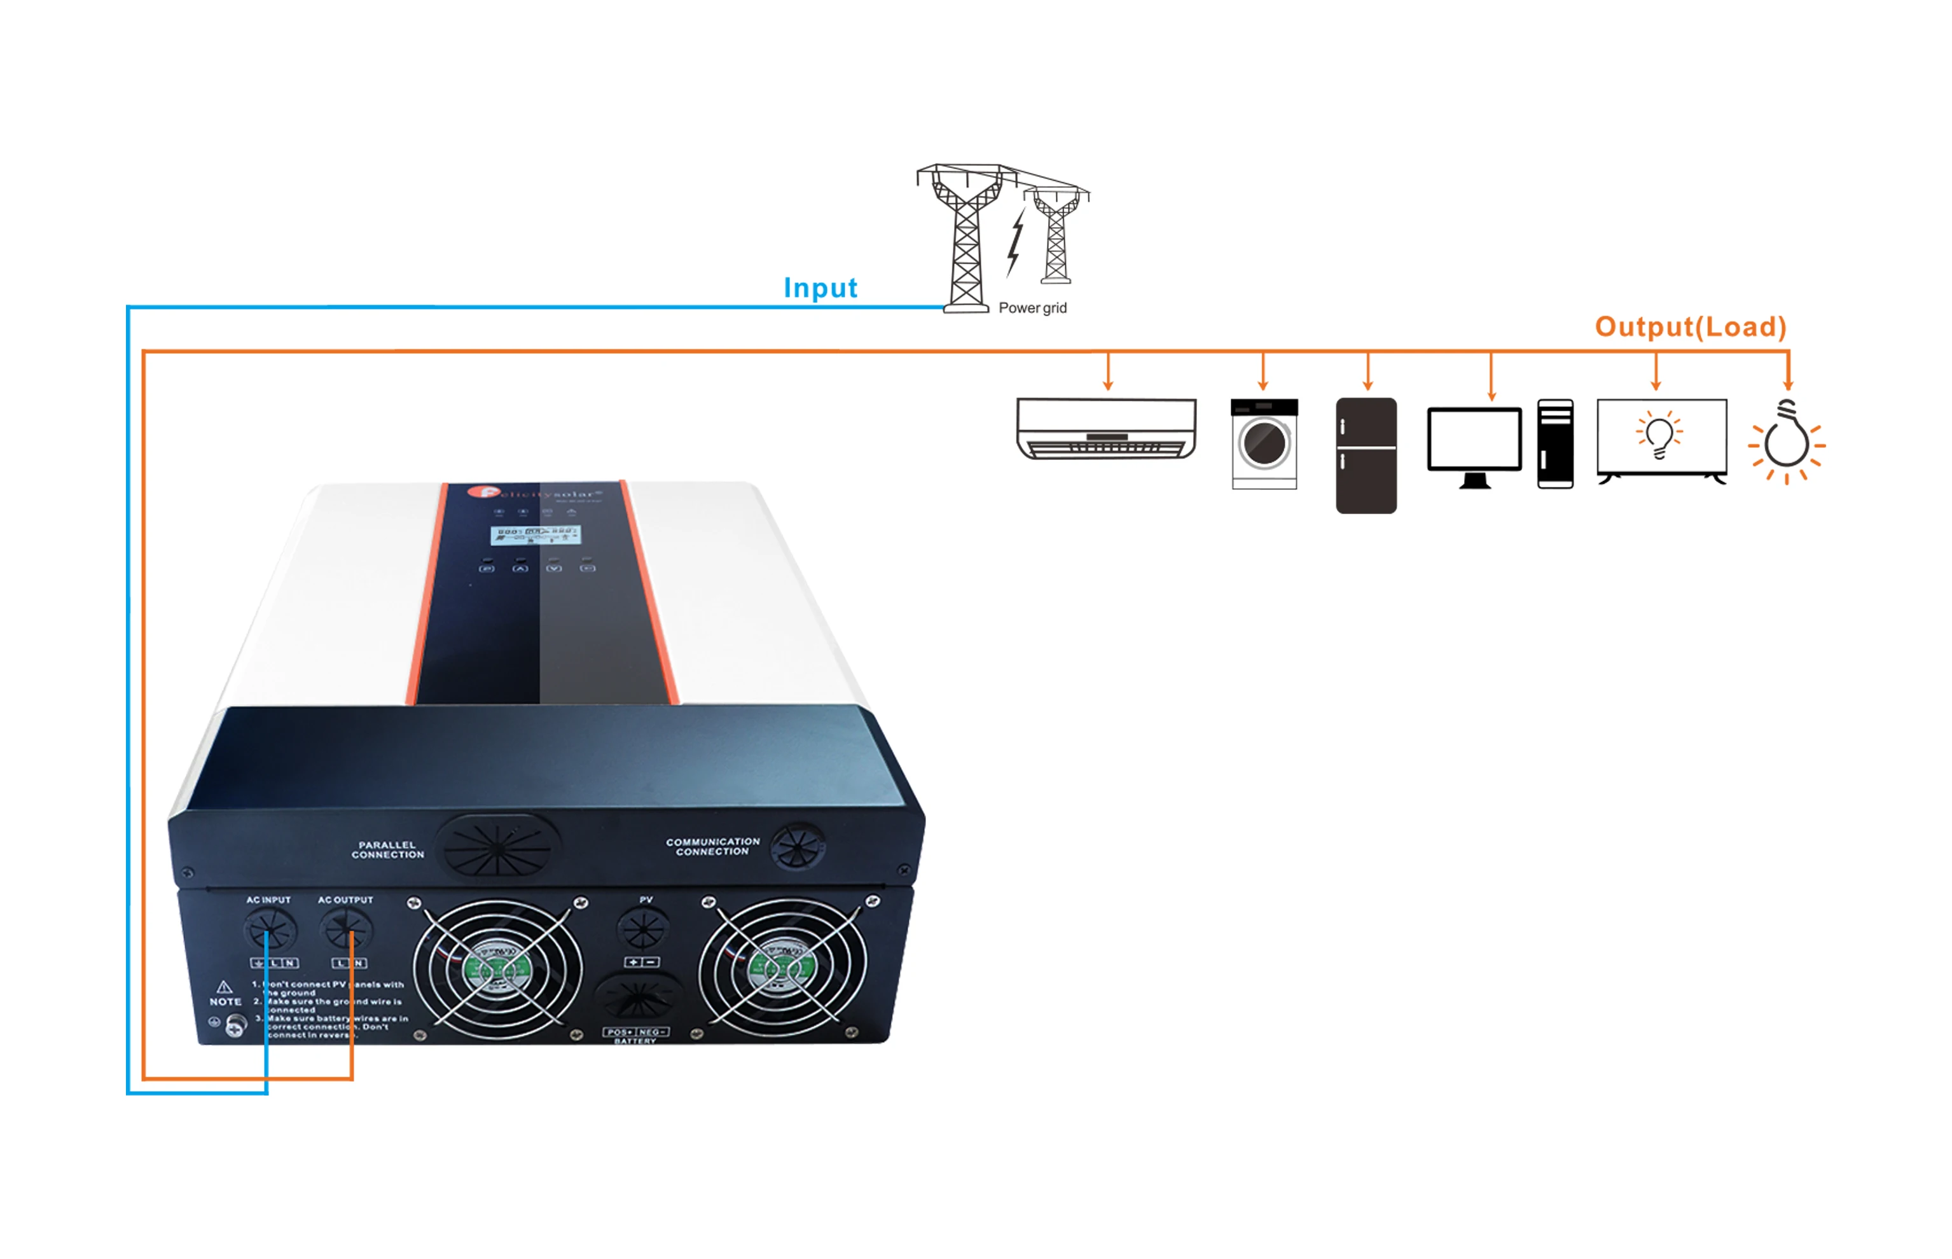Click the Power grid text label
(1032, 308)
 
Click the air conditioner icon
(1105, 428)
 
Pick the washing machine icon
(1264, 444)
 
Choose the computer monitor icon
(1474, 445)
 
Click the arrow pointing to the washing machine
(1263, 373)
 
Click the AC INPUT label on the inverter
(268, 900)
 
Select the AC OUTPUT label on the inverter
(345, 900)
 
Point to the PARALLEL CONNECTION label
(387, 849)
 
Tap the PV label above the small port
(646, 900)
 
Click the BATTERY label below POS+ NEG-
(635, 1041)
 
